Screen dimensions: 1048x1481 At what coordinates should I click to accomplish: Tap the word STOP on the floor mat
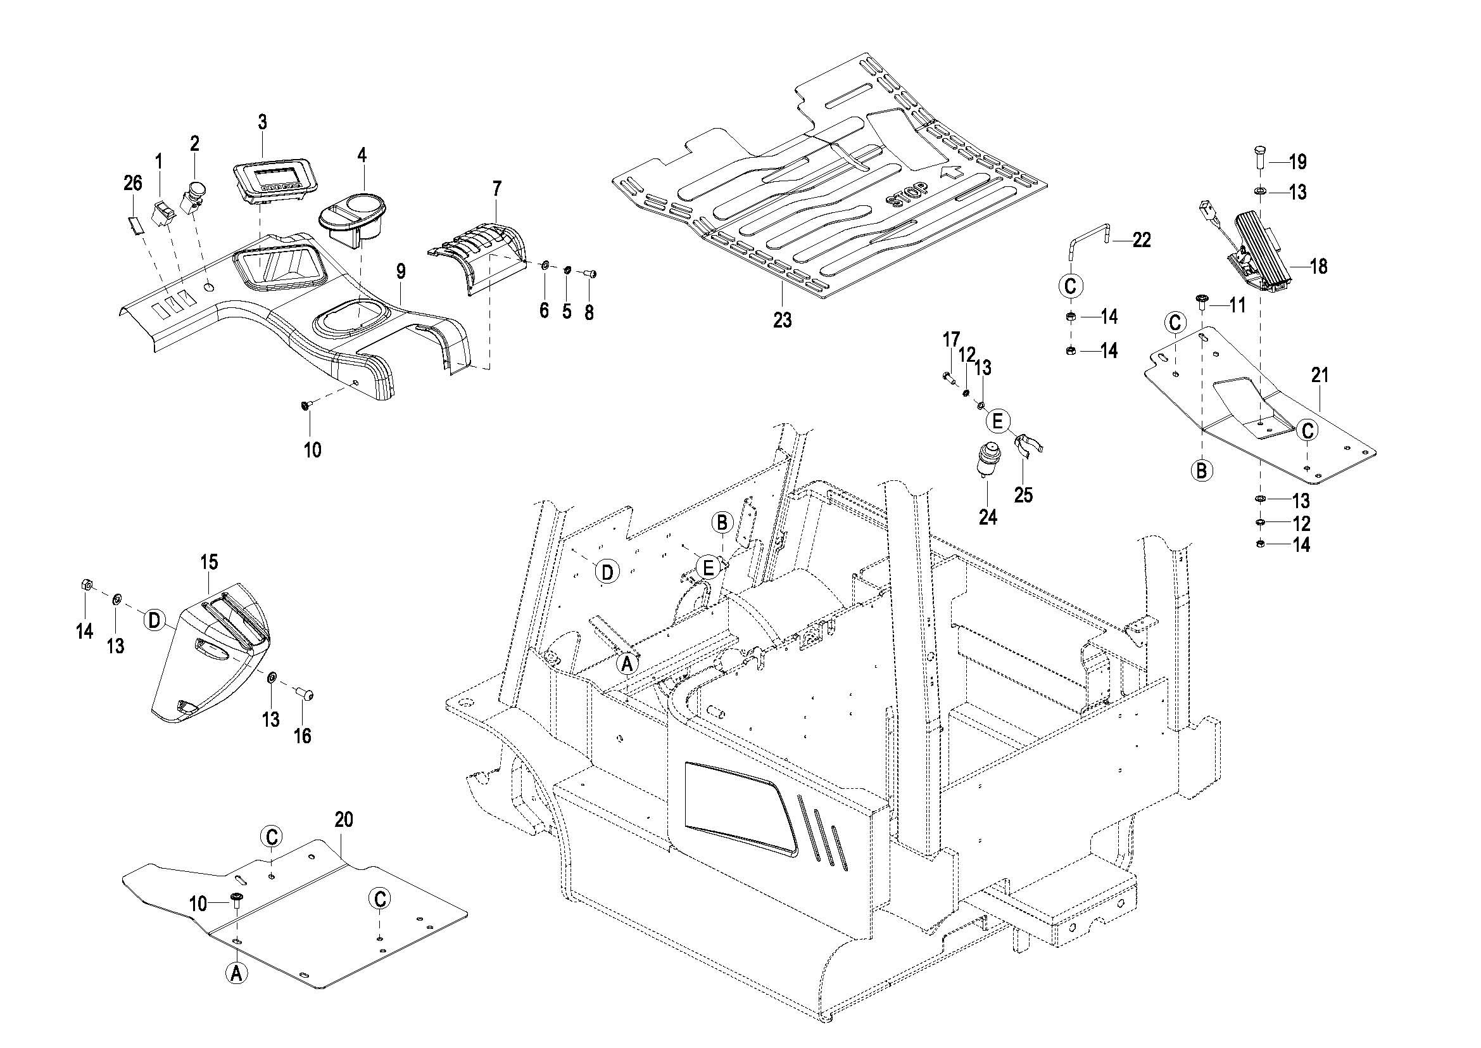click(907, 193)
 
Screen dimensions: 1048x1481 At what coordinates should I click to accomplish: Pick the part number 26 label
click(133, 183)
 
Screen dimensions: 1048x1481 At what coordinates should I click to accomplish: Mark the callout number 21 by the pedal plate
click(1320, 376)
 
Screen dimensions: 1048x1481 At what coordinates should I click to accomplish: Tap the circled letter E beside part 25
click(997, 422)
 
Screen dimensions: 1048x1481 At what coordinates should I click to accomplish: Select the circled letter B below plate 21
click(1201, 470)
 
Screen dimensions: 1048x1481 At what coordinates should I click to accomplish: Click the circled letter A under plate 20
click(236, 972)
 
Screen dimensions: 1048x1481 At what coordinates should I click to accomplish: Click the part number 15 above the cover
click(209, 562)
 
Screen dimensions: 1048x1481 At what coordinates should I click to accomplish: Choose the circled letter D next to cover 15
click(154, 620)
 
